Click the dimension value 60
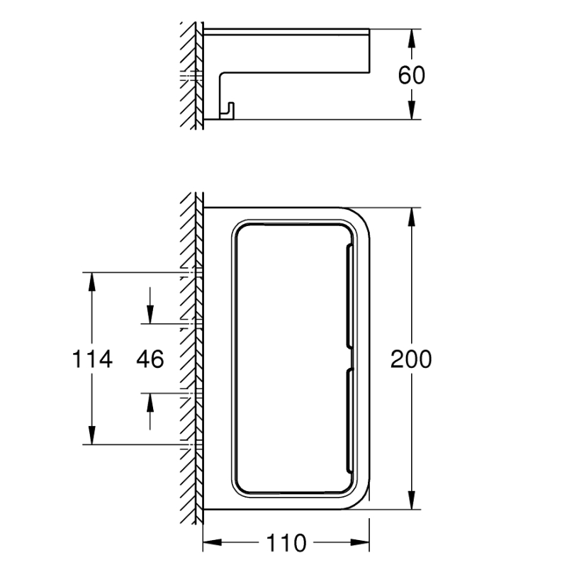412,75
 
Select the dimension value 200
411,359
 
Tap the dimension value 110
286,543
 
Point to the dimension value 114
92,359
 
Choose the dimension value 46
150,359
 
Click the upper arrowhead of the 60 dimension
412,38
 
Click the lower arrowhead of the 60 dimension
412,110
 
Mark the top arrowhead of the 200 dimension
412,218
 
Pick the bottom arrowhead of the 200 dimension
412,500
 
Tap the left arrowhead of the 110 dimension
212,542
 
